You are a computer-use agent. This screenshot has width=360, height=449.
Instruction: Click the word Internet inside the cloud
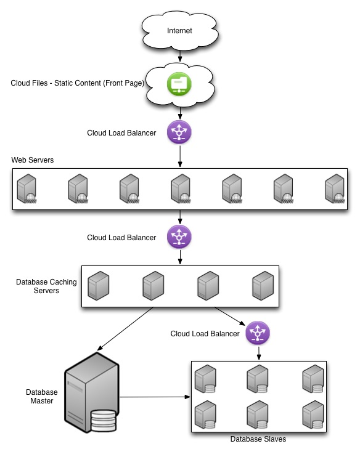tap(179, 31)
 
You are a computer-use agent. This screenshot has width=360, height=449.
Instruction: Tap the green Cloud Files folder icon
tap(179, 84)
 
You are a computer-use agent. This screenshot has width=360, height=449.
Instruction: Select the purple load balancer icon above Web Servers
tap(179, 132)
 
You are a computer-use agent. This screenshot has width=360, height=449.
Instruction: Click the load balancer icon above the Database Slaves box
tap(258, 333)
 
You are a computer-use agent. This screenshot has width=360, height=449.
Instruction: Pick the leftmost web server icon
tap(27, 188)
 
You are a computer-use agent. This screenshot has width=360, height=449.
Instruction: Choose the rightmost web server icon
tap(335, 188)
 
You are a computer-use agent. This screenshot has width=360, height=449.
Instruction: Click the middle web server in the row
tap(181, 188)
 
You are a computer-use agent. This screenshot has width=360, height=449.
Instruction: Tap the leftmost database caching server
tap(98, 286)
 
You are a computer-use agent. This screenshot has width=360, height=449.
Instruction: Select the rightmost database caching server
tap(263, 286)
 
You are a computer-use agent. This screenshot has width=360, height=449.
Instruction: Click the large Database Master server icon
tap(92, 393)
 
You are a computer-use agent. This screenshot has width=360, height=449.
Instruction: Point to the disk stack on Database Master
tap(104, 421)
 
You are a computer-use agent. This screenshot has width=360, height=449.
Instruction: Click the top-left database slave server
tap(205, 379)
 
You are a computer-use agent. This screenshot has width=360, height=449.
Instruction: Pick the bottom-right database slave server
tap(313, 415)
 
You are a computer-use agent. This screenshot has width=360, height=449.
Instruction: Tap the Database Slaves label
tap(258, 439)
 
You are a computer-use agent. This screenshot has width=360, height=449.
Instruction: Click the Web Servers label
tap(33, 160)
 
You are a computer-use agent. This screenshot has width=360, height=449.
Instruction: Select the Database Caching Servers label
tap(46, 286)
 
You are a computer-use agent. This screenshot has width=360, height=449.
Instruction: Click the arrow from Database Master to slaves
tap(155, 397)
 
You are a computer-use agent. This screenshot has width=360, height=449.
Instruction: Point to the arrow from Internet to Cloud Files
tap(180, 56)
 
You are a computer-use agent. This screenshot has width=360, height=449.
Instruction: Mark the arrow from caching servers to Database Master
tap(125, 329)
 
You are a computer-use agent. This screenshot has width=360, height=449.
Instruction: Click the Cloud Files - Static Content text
tap(78, 83)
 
